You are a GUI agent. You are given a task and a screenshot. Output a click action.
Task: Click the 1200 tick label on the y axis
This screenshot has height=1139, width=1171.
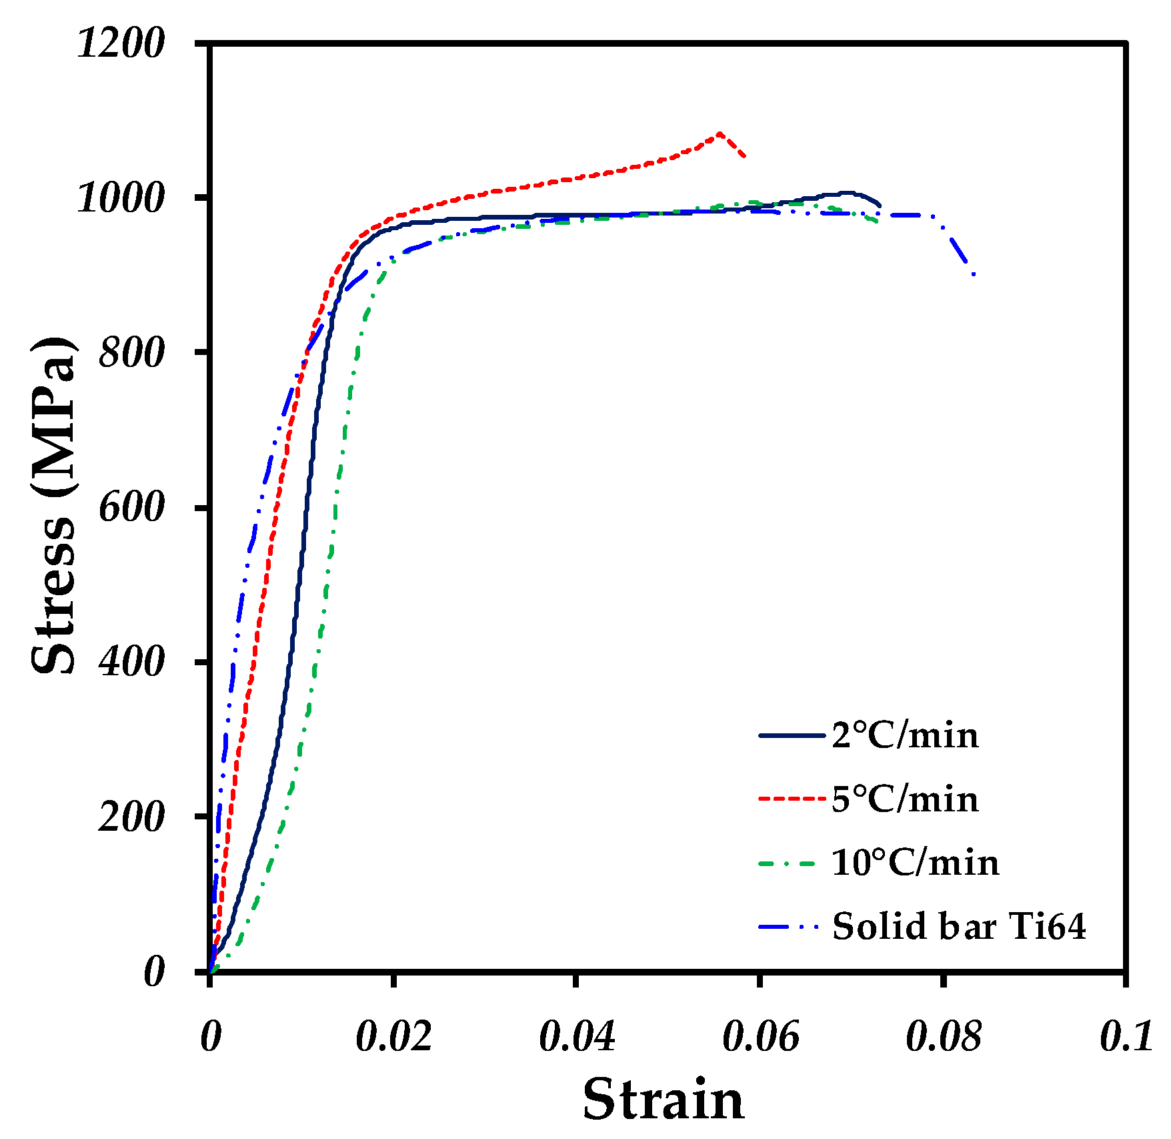tap(121, 44)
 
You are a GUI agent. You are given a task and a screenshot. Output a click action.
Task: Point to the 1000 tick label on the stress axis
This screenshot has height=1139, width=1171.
tap(121, 198)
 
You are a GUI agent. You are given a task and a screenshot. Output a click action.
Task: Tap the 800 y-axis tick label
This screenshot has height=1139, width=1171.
tap(131, 352)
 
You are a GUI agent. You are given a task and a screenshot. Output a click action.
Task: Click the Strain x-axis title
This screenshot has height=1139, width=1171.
tap(663, 1099)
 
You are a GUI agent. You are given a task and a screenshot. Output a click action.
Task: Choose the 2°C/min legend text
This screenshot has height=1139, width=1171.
tap(905, 736)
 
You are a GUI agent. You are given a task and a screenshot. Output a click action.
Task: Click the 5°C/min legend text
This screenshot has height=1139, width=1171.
tap(905, 799)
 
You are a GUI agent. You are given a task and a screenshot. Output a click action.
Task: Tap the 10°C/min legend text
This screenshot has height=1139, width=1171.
tap(915, 863)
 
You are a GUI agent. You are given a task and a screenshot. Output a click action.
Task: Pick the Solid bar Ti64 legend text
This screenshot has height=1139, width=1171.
tap(959, 926)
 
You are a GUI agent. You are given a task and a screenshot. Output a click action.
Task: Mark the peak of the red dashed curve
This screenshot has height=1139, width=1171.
tap(719, 133)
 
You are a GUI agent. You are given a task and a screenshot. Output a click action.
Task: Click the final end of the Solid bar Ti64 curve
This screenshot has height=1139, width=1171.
tap(975, 274)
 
